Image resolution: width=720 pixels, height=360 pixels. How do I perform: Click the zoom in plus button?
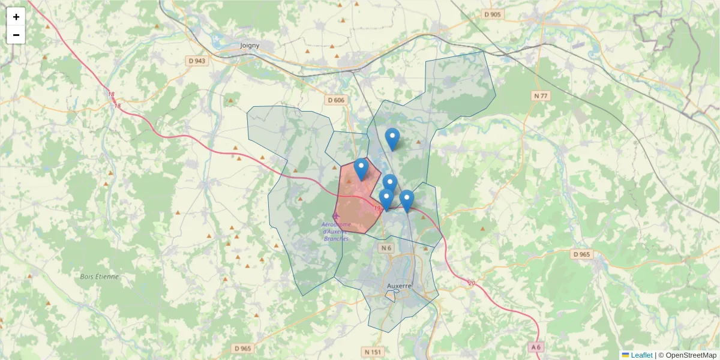16,17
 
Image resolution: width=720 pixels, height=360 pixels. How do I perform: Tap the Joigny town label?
249,45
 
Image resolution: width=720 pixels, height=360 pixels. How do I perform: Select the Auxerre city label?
399,286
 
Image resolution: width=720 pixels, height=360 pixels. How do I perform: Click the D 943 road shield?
197,61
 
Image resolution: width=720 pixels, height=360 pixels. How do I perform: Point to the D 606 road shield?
336,100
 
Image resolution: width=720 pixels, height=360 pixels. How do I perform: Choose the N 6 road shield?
386,247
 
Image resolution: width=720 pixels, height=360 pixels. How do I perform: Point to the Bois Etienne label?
100,277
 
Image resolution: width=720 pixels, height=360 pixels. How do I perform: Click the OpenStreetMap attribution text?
688,355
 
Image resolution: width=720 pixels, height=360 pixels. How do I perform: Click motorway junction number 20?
472,283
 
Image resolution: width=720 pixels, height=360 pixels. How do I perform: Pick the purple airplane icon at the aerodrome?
335,215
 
